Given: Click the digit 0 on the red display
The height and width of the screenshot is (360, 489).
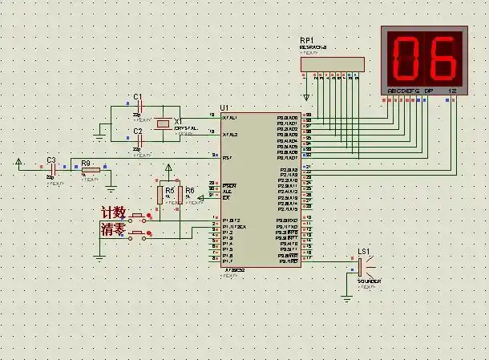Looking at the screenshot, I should [407, 57].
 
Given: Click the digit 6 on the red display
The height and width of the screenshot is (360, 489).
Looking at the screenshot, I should [442, 57].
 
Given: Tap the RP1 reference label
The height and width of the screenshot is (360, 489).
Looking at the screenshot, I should [307, 40].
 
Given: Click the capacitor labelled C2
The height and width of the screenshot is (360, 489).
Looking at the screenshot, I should [139, 140].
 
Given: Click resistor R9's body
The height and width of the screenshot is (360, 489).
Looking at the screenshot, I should [90, 169].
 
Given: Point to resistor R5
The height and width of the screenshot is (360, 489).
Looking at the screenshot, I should [160, 193].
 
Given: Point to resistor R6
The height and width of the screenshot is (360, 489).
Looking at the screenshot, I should [181, 193].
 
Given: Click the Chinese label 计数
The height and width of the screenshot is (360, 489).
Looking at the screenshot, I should [114, 212].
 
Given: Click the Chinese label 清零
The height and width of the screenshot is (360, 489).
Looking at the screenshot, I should [113, 230].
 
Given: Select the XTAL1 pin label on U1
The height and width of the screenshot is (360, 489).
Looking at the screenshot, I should [229, 118].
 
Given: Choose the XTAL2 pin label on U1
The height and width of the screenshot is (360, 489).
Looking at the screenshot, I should [229, 134].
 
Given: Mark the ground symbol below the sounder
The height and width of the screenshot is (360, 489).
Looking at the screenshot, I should [346, 296].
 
